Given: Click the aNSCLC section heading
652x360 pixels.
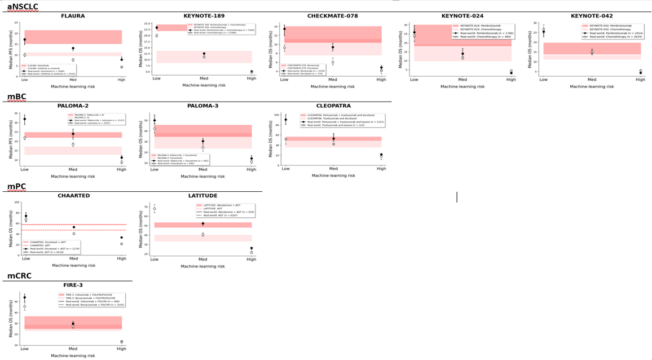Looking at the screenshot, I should tap(23, 6).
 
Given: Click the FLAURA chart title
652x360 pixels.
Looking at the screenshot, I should tap(73, 16).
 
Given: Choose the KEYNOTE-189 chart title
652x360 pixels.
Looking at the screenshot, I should tap(202, 16).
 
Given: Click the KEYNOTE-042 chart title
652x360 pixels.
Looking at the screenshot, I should tap(592, 16).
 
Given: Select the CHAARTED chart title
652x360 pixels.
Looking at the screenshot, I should tap(73, 196).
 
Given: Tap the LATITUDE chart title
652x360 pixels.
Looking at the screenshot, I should tap(202, 196).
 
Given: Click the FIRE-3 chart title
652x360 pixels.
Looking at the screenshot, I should tap(73, 285).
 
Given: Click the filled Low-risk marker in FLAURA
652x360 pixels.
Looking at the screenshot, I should tap(25, 40).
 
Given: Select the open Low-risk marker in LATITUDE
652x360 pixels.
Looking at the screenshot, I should tap(155, 209).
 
